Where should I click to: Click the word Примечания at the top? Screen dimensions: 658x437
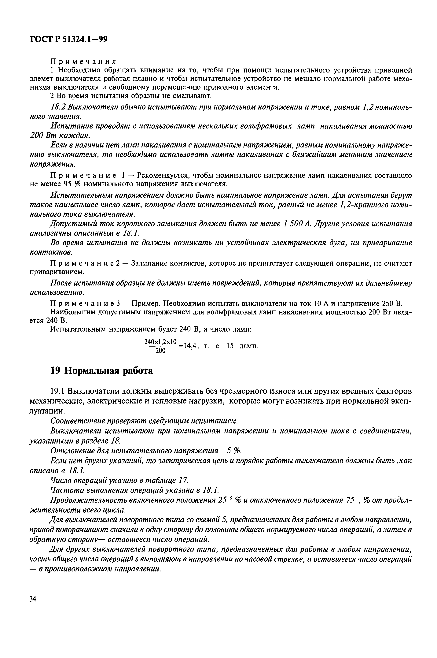[x=83, y=61]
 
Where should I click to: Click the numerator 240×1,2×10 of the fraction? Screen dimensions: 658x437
[x=160, y=342]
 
